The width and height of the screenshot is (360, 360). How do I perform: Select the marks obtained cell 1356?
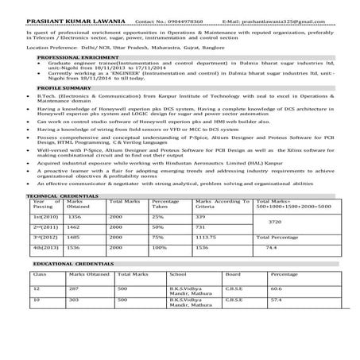[74, 216]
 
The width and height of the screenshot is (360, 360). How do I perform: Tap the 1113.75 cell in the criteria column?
[206, 237]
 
